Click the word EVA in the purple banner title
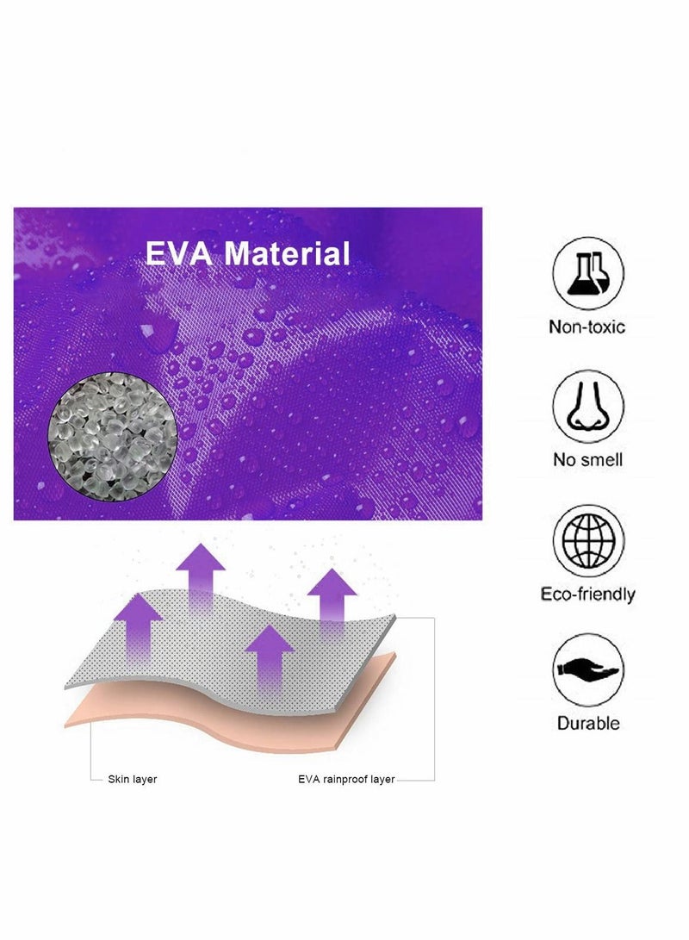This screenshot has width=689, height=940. click(x=178, y=253)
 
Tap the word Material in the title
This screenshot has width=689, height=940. click(x=287, y=253)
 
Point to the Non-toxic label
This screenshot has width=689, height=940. click(x=587, y=327)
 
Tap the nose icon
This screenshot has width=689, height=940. click(x=587, y=407)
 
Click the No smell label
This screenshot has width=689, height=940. click(x=587, y=460)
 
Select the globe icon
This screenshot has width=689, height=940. click(x=587, y=540)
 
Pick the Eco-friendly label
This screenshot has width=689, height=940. click(x=587, y=595)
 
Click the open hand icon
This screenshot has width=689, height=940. click(x=587, y=669)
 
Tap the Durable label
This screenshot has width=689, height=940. click(x=587, y=723)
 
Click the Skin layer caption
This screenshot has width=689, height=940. click(x=132, y=780)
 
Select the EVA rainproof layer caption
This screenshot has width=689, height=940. click(x=346, y=780)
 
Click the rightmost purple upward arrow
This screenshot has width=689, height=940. click(x=332, y=602)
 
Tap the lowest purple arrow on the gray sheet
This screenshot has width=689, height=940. click(x=269, y=659)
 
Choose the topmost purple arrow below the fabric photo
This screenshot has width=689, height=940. click(x=201, y=578)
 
